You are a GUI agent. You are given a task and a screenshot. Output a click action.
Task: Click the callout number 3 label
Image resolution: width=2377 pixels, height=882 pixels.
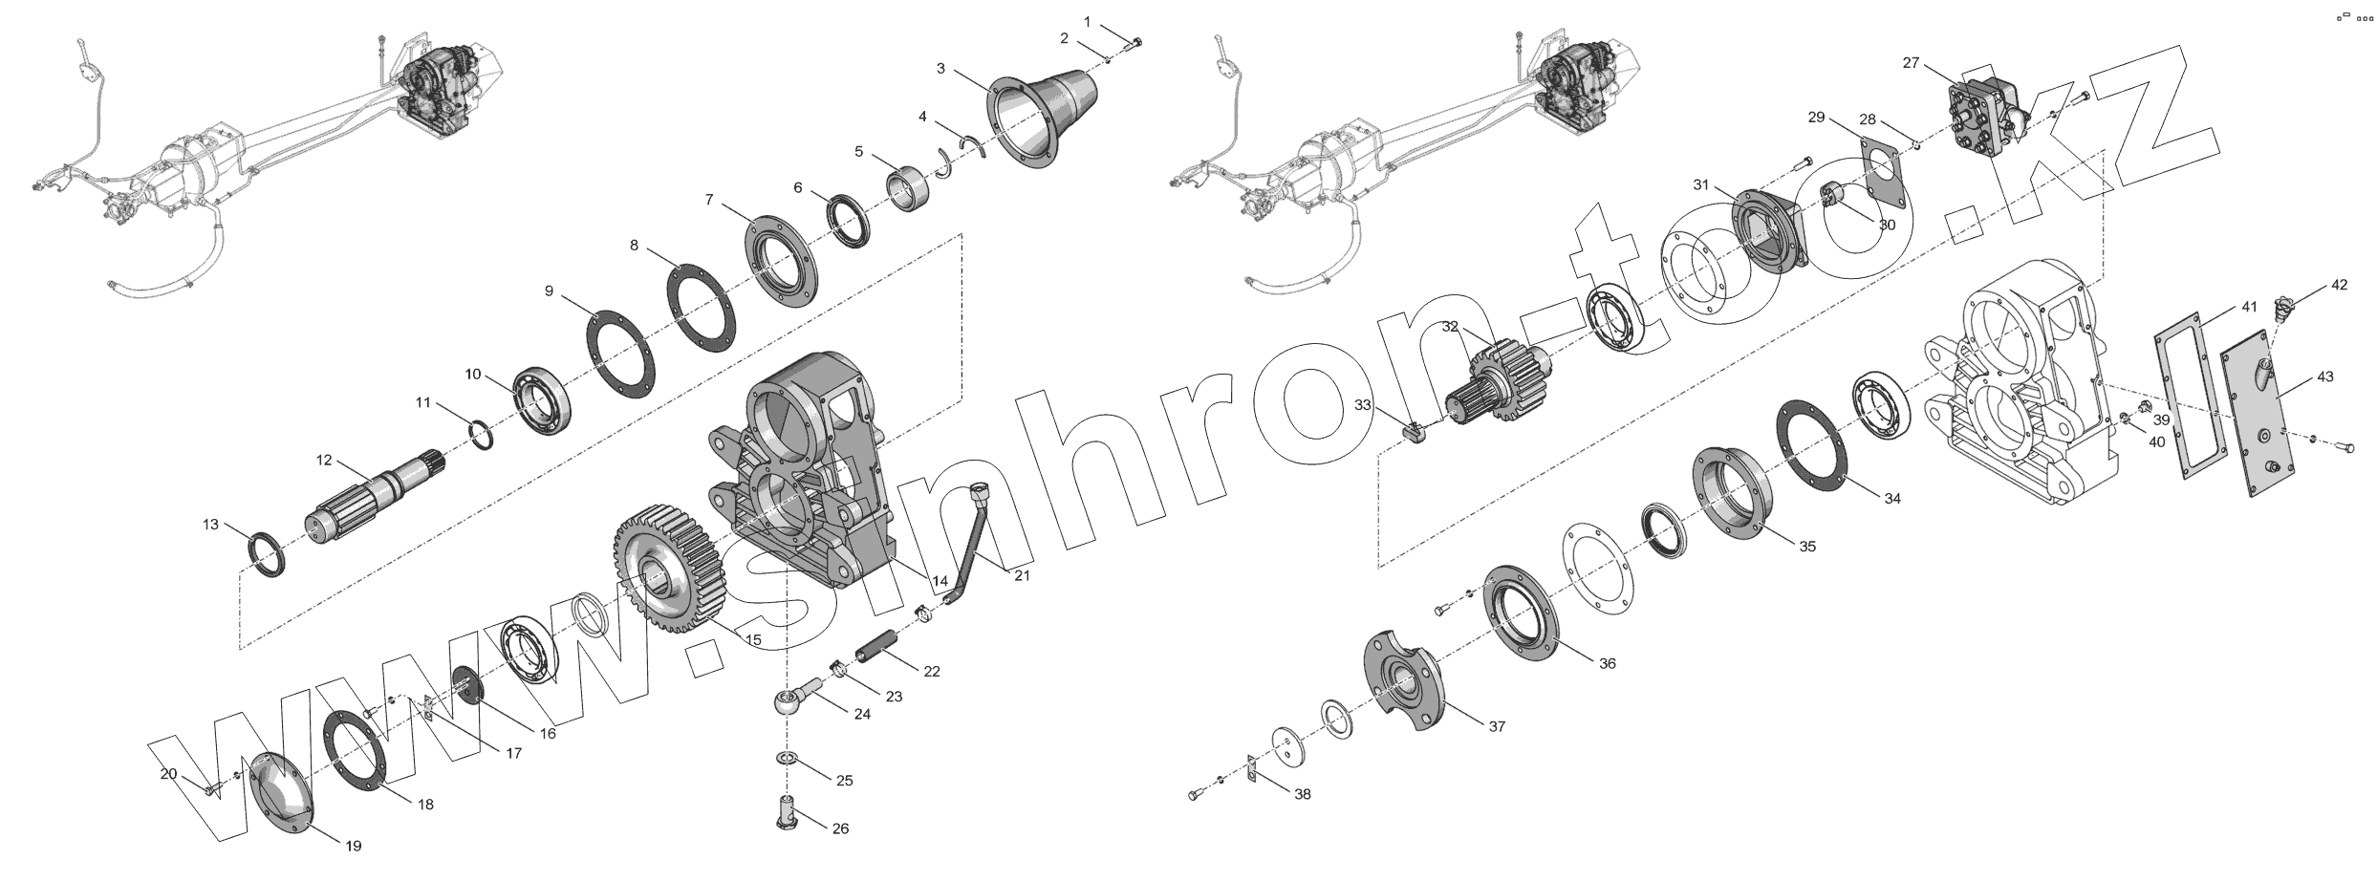(940, 69)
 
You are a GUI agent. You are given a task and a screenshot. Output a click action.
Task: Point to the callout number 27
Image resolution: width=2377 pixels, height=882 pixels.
(1911, 63)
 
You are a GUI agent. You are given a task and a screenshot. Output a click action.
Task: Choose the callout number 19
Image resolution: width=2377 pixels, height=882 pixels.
(353, 846)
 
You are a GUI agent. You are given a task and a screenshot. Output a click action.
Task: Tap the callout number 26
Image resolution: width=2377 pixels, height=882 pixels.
(840, 828)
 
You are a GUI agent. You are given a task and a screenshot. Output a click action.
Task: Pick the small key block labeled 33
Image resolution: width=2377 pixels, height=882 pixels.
(1413, 431)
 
